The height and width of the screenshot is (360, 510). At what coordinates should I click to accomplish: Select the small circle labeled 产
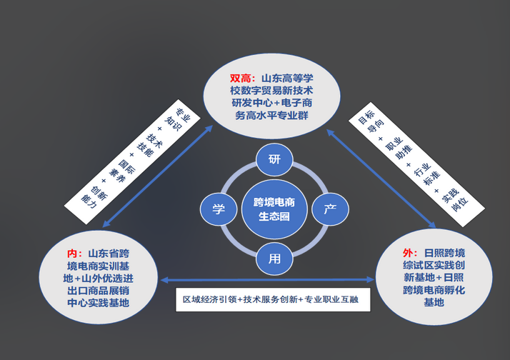[x=330, y=209]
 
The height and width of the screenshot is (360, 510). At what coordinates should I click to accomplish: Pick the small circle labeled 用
[x=274, y=258]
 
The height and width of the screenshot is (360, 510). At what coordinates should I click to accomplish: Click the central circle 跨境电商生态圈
[x=274, y=209]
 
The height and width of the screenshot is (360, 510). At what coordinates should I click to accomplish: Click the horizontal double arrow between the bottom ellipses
[x=269, y=280]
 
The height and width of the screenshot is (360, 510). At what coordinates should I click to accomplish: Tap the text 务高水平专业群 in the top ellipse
[x=274, y=115]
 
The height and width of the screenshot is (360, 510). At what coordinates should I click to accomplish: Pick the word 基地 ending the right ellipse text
[x=434, y=302]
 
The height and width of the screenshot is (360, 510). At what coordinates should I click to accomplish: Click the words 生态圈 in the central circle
[x=274, y=216]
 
